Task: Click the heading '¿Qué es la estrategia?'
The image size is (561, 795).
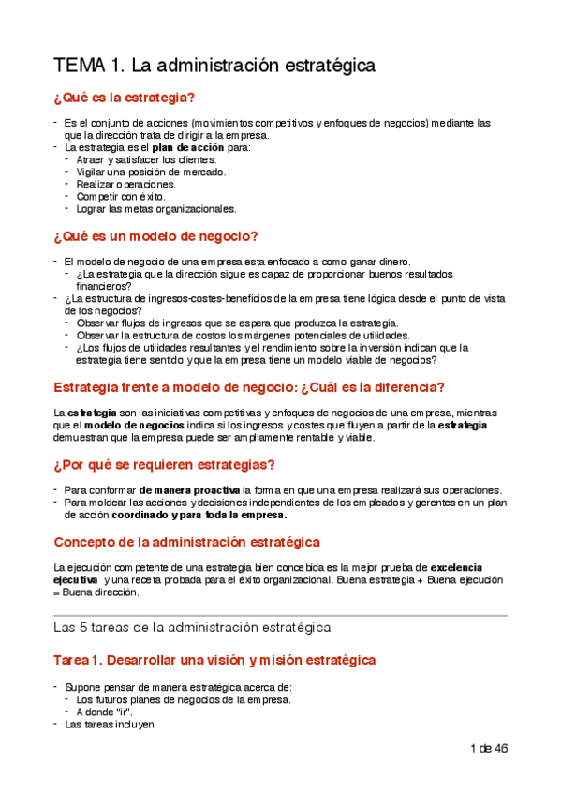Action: (125, 97)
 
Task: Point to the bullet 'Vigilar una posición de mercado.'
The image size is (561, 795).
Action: (151, 172)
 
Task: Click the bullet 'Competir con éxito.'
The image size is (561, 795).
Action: (121, 197)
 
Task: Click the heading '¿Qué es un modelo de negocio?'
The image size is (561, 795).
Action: (155, 235)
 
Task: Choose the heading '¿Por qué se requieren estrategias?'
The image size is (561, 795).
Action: (164, 464)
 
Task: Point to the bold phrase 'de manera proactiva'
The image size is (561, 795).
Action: (189, 490)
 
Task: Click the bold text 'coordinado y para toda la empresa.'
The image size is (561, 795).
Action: (199, 515)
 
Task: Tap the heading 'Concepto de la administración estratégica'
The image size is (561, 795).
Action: (187, 542)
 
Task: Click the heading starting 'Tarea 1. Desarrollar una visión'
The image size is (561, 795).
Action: (214, 660)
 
